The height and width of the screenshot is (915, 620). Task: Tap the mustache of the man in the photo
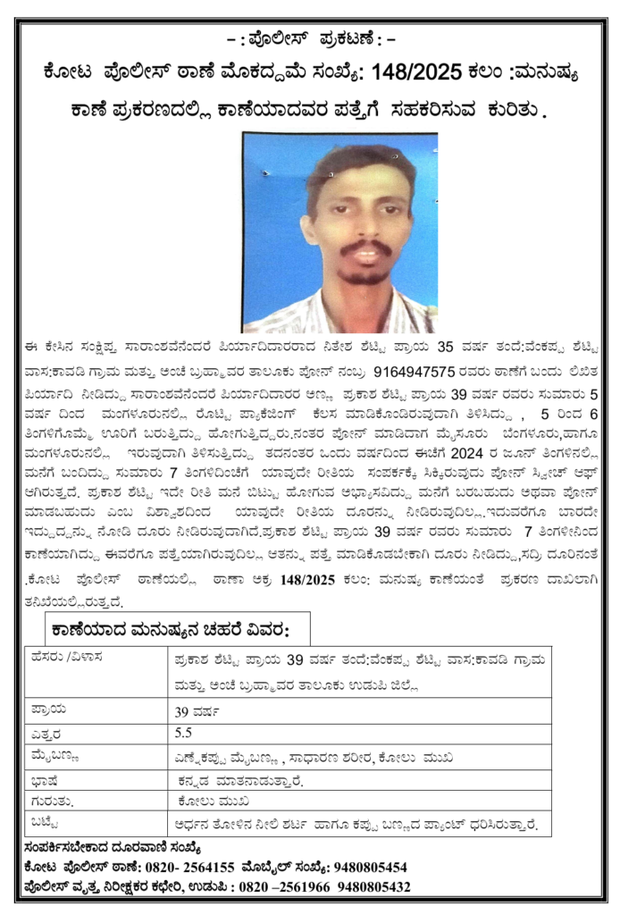pos(364,247)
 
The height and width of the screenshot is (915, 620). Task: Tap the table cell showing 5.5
pos(184,733)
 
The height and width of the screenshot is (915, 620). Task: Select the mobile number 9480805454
pos(369,867)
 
